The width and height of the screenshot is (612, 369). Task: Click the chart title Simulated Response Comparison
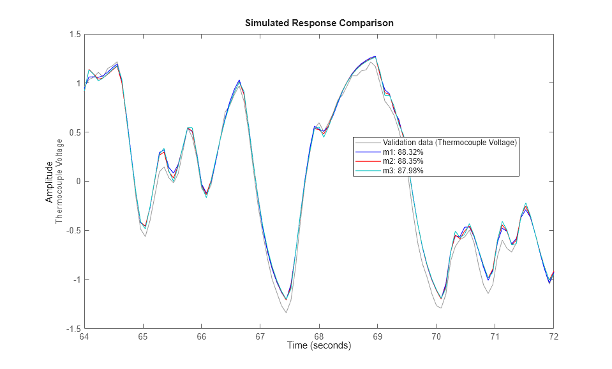318,23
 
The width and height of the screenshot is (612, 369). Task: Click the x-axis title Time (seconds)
318,346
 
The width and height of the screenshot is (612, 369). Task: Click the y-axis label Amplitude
50,182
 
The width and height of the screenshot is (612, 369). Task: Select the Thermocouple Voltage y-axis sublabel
60,181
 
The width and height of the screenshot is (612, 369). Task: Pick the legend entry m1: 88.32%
402,152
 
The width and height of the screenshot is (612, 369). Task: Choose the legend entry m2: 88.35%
402,161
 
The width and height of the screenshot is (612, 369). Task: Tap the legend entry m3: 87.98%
402,171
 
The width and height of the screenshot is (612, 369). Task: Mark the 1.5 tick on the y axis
74,35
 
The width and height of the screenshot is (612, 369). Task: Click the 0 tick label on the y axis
77,182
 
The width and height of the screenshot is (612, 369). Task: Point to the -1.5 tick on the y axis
73,329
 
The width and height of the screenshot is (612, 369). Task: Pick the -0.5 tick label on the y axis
73,231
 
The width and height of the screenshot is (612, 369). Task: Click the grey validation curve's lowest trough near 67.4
286,312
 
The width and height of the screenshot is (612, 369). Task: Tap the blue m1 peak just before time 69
375,56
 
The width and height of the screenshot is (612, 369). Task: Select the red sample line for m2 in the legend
367,161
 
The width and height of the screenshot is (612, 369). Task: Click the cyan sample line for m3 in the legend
367,171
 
